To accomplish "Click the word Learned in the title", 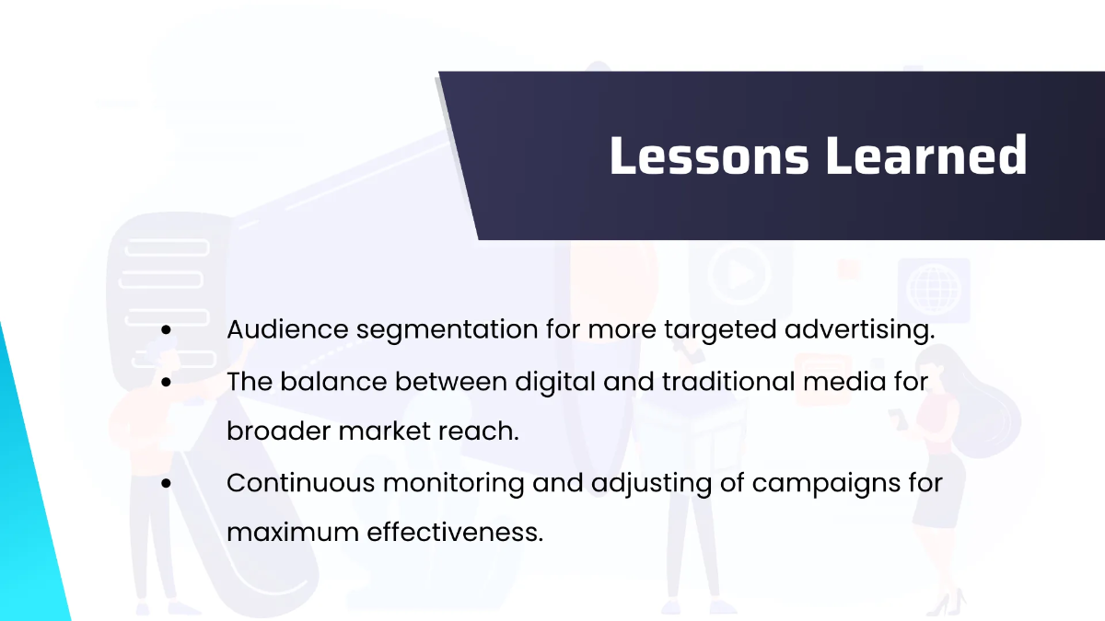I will click(x=925, y=155).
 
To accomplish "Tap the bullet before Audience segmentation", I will click(x=167, y=330).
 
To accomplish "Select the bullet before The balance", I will click(x=167, y=381).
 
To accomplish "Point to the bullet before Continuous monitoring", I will click(x=167, y=482).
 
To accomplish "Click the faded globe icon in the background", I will click(x=933, y=287).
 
